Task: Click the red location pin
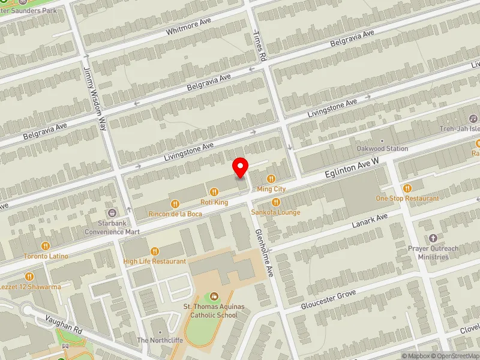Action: click(241, 167)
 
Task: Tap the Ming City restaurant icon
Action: click(271, 178)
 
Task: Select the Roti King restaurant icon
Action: click(214, 191)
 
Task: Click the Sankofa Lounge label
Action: click(276, 212)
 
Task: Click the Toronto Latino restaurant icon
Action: click(46, 245)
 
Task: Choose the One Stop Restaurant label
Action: click(407, 199)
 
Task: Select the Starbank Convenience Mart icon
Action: click(112, 213)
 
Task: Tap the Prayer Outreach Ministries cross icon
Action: click(434, 239)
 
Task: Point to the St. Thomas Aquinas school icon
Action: click(214, 296)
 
